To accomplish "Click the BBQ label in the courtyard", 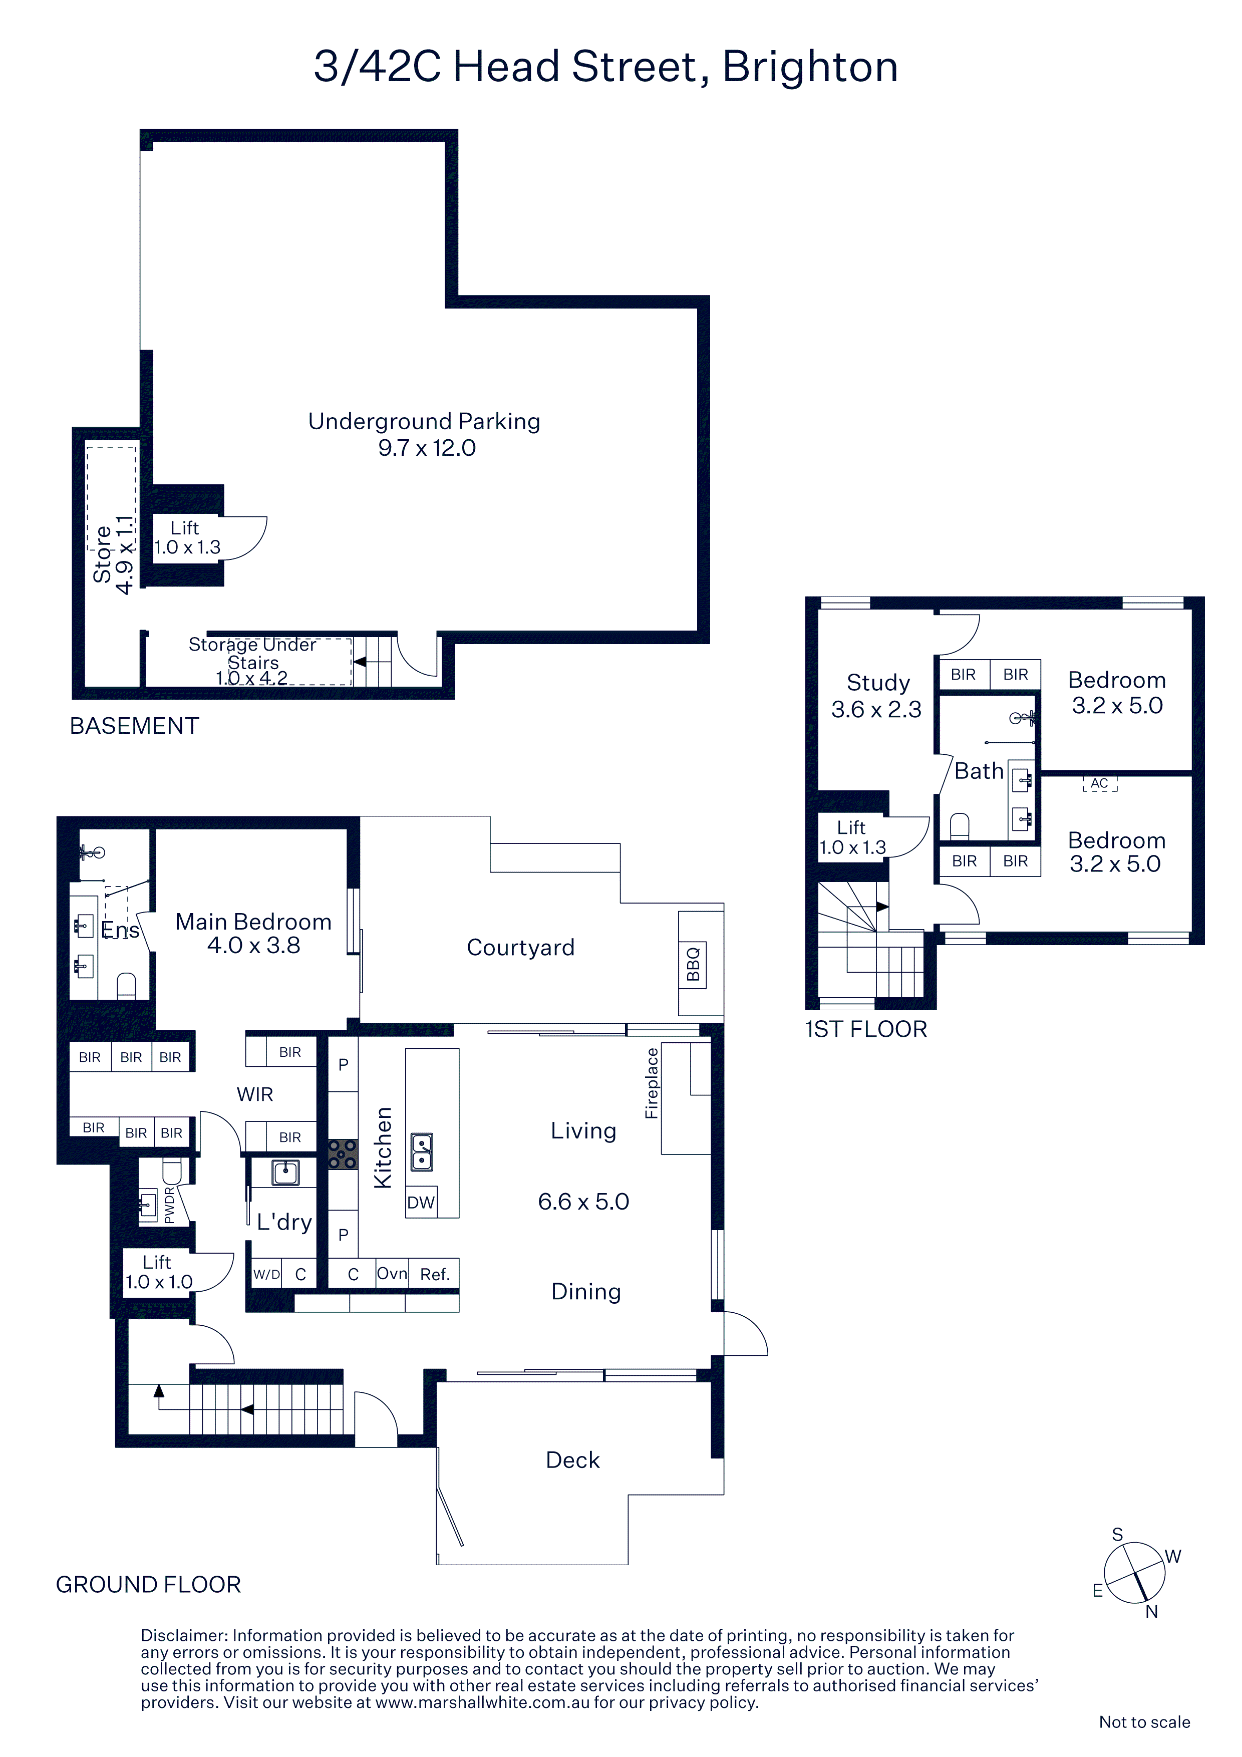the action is click(x=693, y=964).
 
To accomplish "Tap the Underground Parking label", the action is click(x=424, y=422).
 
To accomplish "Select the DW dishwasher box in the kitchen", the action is click(x=421, y=1202).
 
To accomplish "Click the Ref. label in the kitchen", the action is click(x=435, y=1275).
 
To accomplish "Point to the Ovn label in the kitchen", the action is click(x=392, y=1273).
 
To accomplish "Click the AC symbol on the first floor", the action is click(x=1100, y=784).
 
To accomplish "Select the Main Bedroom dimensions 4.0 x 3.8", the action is click(x=253, y=945).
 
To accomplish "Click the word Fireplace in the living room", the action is click(x=651, y=1083).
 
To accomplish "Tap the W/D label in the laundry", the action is click(x=266, y=1274).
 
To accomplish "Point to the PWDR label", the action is click(x=169, y=1205).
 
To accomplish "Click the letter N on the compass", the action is click(x=1152, y=1612).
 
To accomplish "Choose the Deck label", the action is click(x=572, y=1460).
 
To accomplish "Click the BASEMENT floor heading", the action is click(x=135, y=725).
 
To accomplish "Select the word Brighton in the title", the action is click(x=810, y=67).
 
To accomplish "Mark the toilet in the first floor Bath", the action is click(x=959, y=826).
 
